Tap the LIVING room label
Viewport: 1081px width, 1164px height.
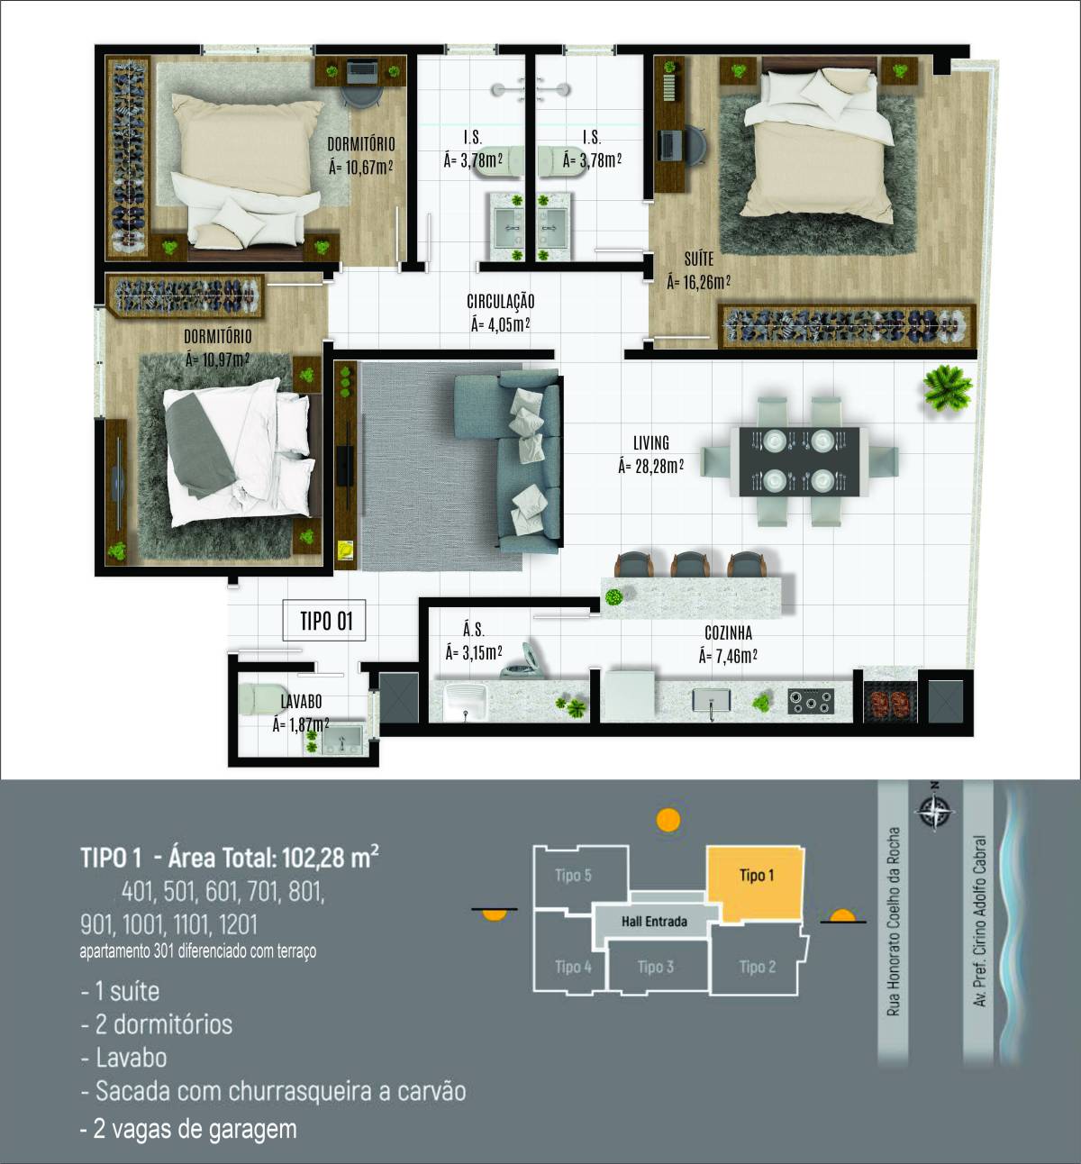point(650,443)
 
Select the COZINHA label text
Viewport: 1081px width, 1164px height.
point(728,633)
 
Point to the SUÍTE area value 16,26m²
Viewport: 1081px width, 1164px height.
point(698,283)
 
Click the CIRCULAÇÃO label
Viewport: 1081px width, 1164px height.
point(501,302)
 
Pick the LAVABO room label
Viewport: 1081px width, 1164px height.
point(301,702)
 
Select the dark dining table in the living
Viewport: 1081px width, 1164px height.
point(799,462)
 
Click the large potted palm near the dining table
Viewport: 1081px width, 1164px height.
point(948,387)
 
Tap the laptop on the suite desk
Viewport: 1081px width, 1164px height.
point(668,145)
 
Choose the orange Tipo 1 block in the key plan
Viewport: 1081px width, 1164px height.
point(756,884)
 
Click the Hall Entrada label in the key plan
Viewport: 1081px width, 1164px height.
point(654,922)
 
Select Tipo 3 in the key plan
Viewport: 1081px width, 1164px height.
point(656,967)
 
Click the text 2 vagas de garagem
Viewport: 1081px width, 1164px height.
point(189,1129)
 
